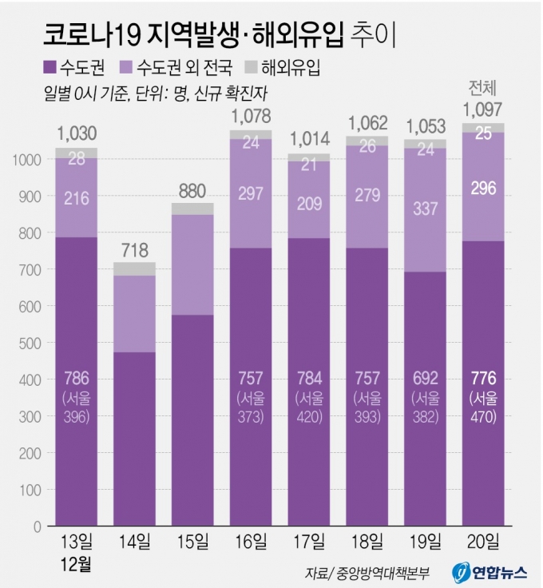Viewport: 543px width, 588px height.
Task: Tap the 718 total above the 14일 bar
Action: [x=134, y=249]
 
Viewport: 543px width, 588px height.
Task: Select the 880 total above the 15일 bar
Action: [x=192, y=191]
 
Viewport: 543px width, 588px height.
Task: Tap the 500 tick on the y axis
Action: [x=30, y=344]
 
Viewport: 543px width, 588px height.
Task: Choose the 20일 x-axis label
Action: [x=482, y=542]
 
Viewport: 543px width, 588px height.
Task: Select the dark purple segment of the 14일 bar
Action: [x=134, y=439]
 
